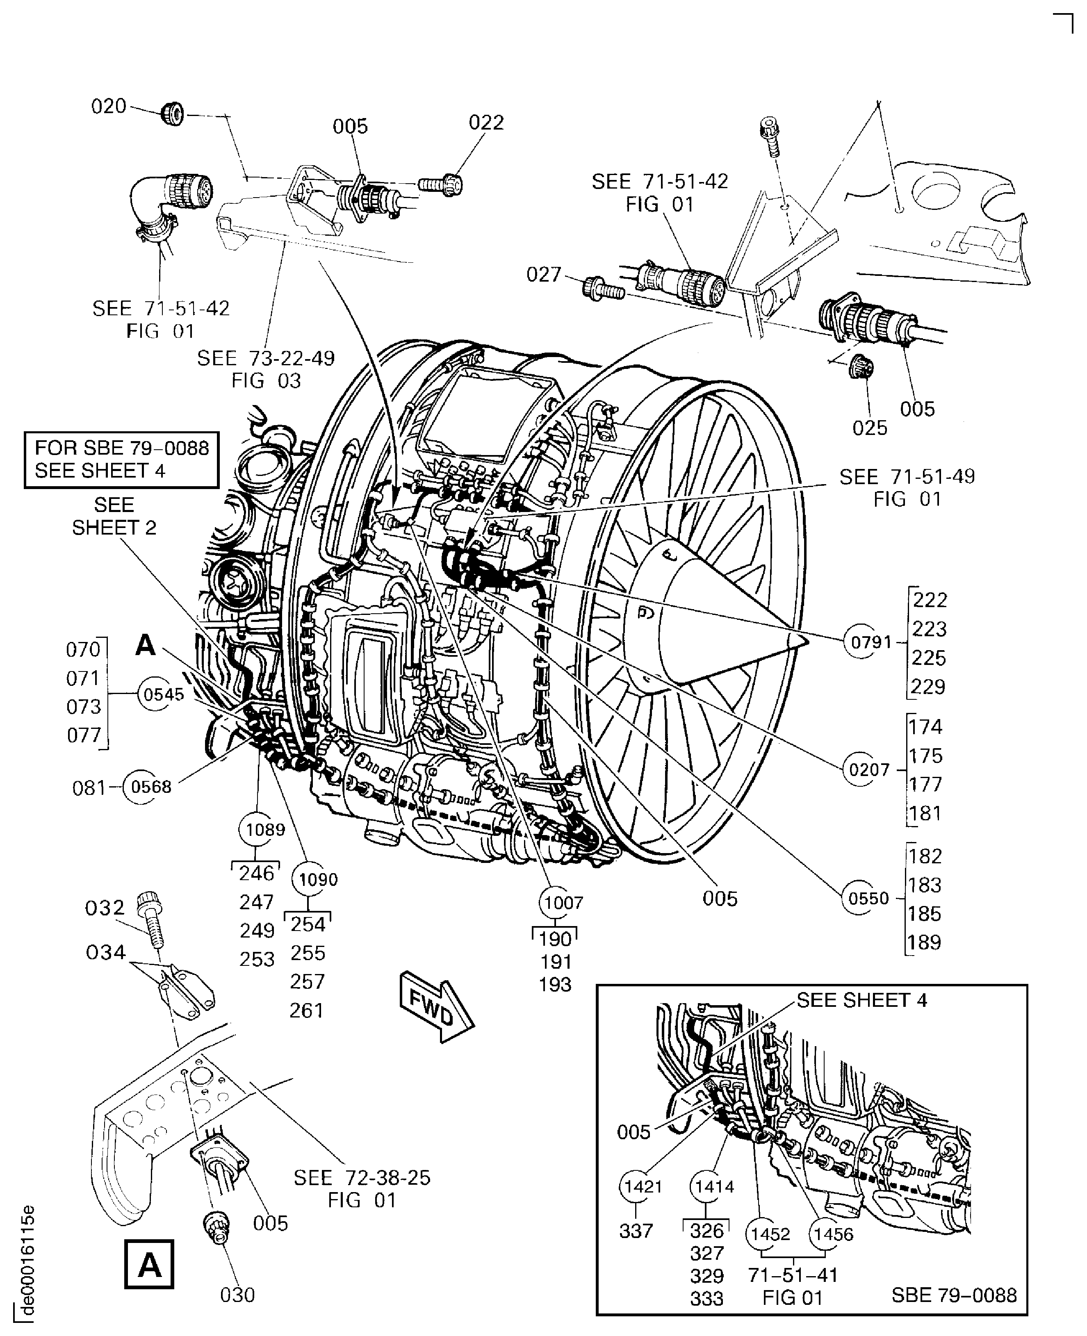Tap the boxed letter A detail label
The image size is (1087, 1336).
149,1265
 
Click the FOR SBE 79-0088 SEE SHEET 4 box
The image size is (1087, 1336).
121,459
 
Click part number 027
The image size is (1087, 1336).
544,274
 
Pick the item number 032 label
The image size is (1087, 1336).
105,908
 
